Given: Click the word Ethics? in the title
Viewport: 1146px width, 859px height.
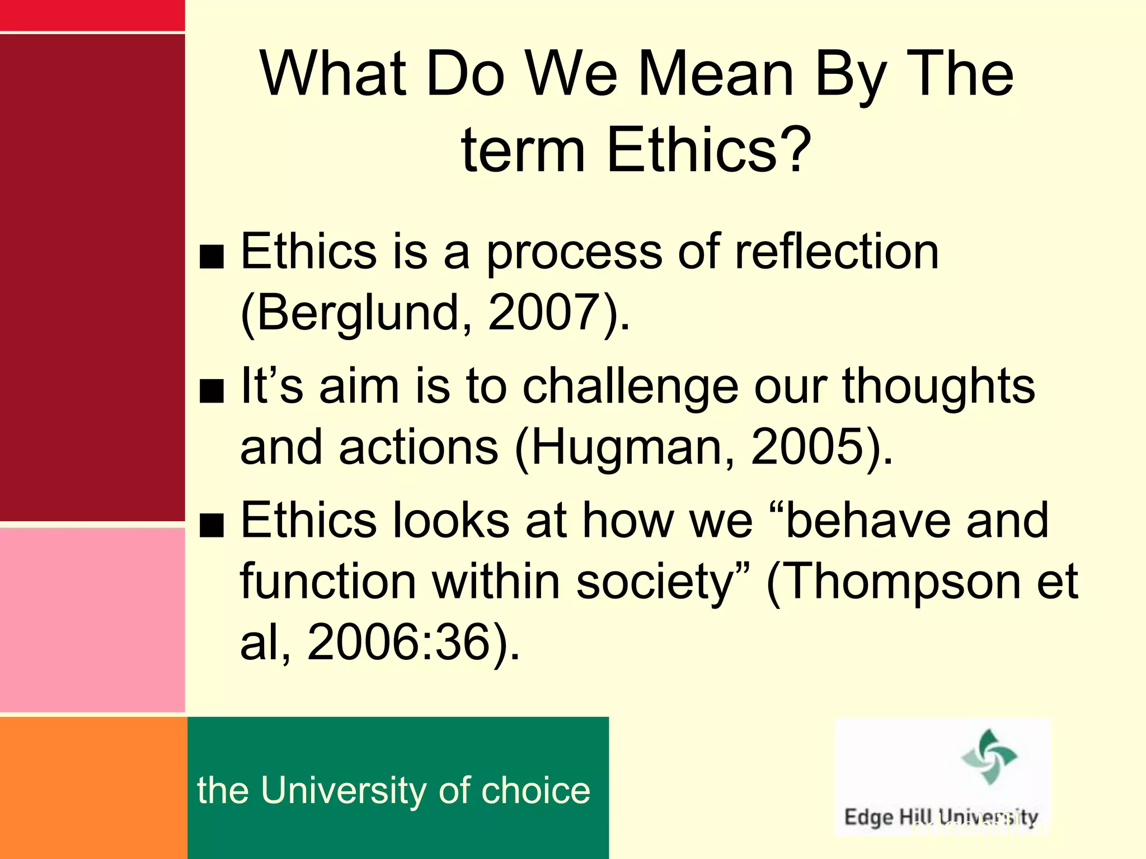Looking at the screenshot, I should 708,150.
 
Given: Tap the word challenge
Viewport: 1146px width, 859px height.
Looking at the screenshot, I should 631,387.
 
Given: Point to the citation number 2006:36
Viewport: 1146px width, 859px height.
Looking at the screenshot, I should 400,642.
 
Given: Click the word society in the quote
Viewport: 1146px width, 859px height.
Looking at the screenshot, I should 655,582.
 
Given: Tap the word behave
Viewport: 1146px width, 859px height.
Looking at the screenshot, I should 867,520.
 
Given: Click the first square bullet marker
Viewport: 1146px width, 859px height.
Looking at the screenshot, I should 212,257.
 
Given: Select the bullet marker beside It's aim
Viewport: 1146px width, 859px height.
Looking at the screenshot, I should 212,391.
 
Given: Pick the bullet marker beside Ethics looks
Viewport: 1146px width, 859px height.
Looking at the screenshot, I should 212,525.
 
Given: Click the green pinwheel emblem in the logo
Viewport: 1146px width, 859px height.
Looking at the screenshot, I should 989,756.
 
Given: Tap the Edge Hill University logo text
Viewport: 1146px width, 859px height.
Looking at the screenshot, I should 941,817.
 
